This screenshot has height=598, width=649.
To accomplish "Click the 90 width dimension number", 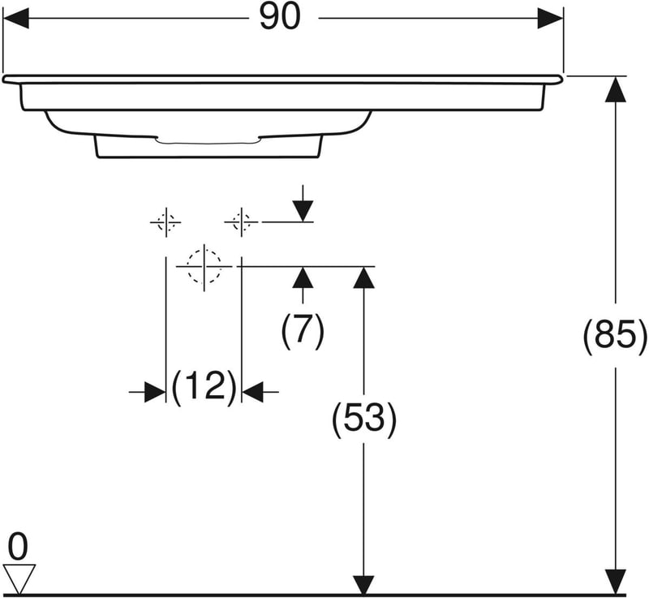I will click(x=280, y=18).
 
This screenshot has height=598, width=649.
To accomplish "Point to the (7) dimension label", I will click(x=303, y=329).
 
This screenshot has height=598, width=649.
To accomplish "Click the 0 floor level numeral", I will click(x=18, y=547).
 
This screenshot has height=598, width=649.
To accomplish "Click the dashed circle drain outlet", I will click(x=204, y=265).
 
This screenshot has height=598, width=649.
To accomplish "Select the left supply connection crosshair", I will click(x=165, y=221).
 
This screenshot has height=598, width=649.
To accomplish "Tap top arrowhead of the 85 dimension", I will click(x=616, y=88).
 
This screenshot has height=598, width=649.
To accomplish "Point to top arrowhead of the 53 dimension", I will click(x=364, y=277).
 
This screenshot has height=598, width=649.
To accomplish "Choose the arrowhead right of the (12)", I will click(x=253, y=392).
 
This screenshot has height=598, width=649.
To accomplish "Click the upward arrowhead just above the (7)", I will click(x=303, y=277).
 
